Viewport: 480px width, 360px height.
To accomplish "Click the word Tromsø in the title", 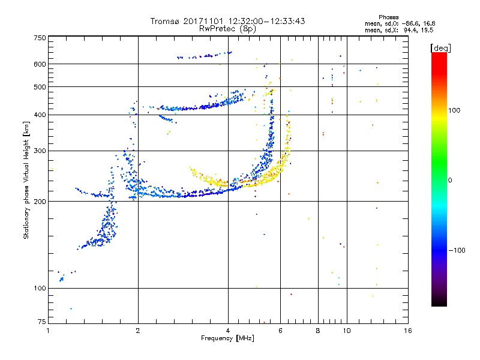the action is tap(165, 21).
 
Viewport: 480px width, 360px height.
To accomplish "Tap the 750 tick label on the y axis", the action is tap(40, 38).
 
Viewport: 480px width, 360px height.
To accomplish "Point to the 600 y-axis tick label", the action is tap(40, 64).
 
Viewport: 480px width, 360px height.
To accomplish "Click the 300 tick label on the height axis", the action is tap(40, 151).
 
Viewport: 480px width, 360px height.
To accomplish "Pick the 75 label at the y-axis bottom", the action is tap(42, 322).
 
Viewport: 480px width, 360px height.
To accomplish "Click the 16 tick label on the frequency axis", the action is tap(408, 331).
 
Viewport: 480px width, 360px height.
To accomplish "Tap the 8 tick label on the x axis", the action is tap(318, 331).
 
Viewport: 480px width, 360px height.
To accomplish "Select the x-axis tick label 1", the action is tap(48, 331).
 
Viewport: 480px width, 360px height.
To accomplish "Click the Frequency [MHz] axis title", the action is tap(227, 338).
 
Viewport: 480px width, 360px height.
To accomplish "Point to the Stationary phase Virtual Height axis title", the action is tap(26, 181).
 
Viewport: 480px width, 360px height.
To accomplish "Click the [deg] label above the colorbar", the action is tap(440, 48).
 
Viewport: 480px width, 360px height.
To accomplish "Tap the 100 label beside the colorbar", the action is tap(454, 110).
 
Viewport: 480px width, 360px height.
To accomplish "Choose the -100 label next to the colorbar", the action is tap(457, 250).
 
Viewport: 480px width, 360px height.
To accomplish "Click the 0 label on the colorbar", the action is tap(450, 181).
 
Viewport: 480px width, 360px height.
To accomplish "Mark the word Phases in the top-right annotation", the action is tap(389, 17).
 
